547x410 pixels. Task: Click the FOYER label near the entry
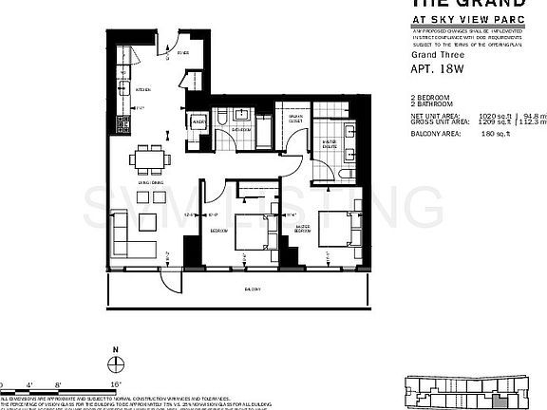coord(183,55)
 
